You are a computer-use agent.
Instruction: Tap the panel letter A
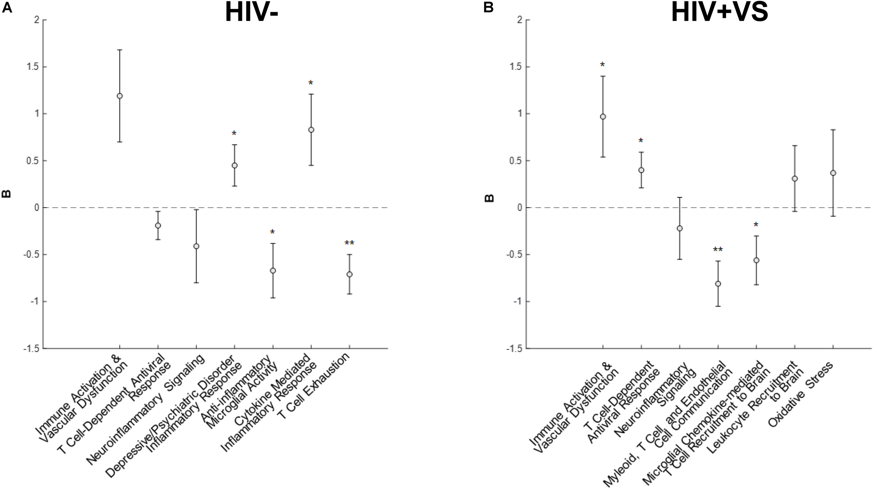coord(7,8)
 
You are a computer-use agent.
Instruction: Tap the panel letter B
coord(488,8)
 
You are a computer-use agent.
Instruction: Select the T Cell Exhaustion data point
coord(349,274)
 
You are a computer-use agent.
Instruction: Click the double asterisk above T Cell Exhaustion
coord(349,243)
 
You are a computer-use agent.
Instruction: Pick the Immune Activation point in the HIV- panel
coord(120,96)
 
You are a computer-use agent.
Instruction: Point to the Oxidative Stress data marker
coord(833,173)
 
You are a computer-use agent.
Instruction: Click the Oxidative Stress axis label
coord(801,396)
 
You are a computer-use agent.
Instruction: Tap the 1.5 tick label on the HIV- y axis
coord(33,67)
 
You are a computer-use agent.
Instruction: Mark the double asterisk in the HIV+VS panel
coord(718,250)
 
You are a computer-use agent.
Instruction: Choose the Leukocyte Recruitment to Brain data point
coord(795,179)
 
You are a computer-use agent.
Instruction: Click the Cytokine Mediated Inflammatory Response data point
coord(311,130)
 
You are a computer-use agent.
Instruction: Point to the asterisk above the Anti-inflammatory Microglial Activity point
coord(272,232)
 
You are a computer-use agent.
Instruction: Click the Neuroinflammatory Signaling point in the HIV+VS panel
coord(680,228)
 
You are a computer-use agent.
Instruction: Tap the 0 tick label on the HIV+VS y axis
coord(520,208)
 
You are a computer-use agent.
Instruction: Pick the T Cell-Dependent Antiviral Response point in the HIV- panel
coord(158,225)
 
